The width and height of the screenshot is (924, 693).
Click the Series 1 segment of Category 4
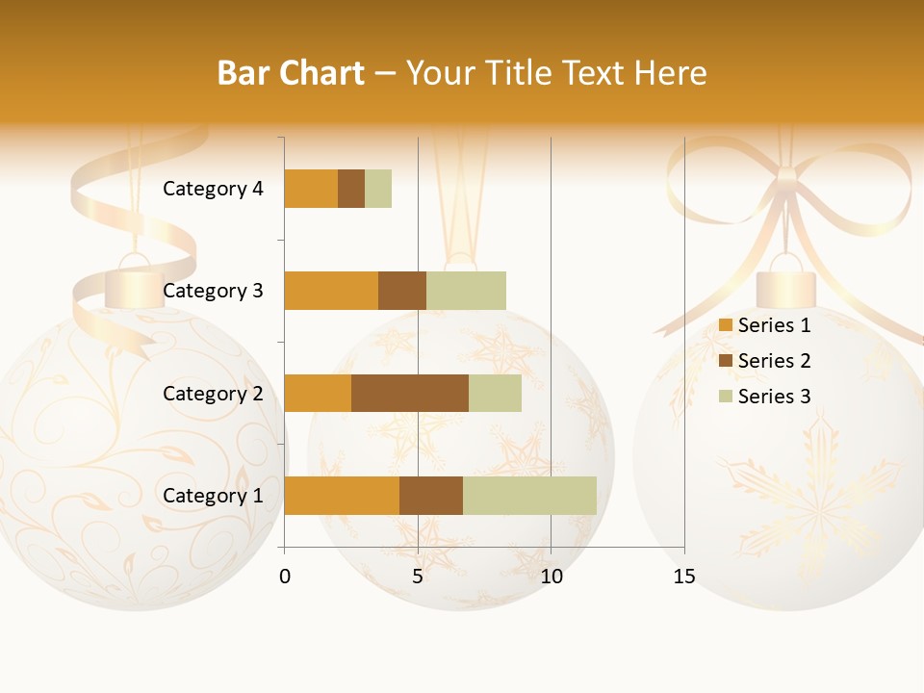pos(311,189)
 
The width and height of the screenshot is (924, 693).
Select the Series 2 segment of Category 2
pos(410,393)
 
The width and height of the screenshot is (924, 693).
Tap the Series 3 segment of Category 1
pos(529,496)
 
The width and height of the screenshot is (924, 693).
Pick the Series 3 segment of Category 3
pos(466,291)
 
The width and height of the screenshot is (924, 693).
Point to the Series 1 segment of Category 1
pos(342,496)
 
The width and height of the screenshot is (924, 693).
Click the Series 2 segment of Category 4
pos(351,189)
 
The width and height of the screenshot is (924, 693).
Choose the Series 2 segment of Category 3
pos(402,291)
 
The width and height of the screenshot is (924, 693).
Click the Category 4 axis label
pos(213,189)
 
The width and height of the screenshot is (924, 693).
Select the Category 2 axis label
pos(213,393)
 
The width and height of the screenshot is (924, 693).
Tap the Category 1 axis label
pos(213,496)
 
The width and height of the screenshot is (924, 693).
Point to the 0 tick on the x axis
pos(285,577)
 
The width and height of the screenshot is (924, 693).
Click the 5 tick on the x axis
pos(418,577)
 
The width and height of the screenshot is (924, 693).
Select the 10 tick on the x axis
pos(551,577)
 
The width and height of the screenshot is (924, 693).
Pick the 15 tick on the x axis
pos(684,577)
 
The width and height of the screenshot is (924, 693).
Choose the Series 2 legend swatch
pos(726,361)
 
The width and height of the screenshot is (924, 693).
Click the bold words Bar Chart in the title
pos(291,73)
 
